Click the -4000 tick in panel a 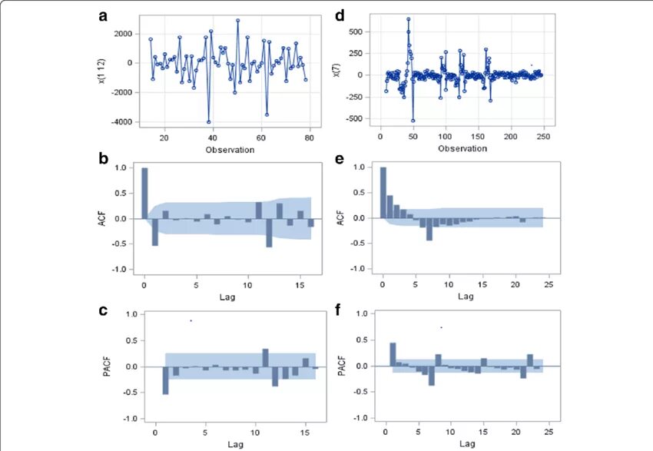(121, 122)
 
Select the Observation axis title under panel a (230, 150)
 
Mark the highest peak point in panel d (408, 19)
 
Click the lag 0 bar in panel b (144, 193)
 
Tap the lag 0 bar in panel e (383, 193)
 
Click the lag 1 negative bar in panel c (165, 380)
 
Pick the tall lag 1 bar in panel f (393, 354)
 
